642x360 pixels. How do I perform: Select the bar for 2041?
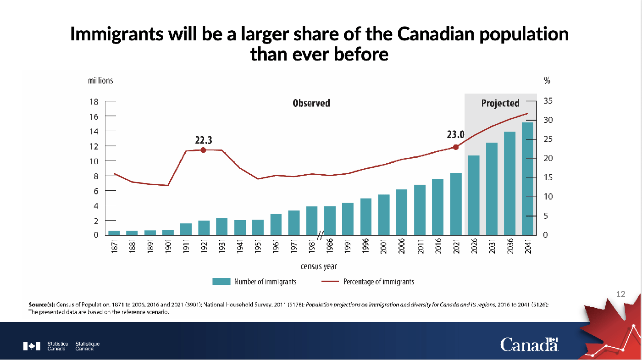pos(527,179)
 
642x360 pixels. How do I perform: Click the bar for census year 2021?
pos(456,204)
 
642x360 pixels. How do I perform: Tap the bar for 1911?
pos(186,229)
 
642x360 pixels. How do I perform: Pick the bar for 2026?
pos(474,195)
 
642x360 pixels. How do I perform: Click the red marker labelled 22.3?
pos(203,150)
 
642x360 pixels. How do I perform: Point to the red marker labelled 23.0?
pos(456,147)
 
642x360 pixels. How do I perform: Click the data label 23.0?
pos(456,135)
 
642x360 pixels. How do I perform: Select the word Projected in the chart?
pos(500,103)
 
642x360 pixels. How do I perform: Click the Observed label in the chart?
pos(311,103)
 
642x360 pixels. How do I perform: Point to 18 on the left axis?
pos(94,102)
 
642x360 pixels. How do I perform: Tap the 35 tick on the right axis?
pos(548,101)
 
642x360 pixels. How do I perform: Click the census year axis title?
pos(319,266)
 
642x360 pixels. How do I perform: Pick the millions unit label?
pos(100,81)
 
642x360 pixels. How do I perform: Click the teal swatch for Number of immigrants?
pos(221,282)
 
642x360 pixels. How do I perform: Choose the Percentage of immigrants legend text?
pos(378,282)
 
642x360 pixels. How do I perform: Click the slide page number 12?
pos(620,294)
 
